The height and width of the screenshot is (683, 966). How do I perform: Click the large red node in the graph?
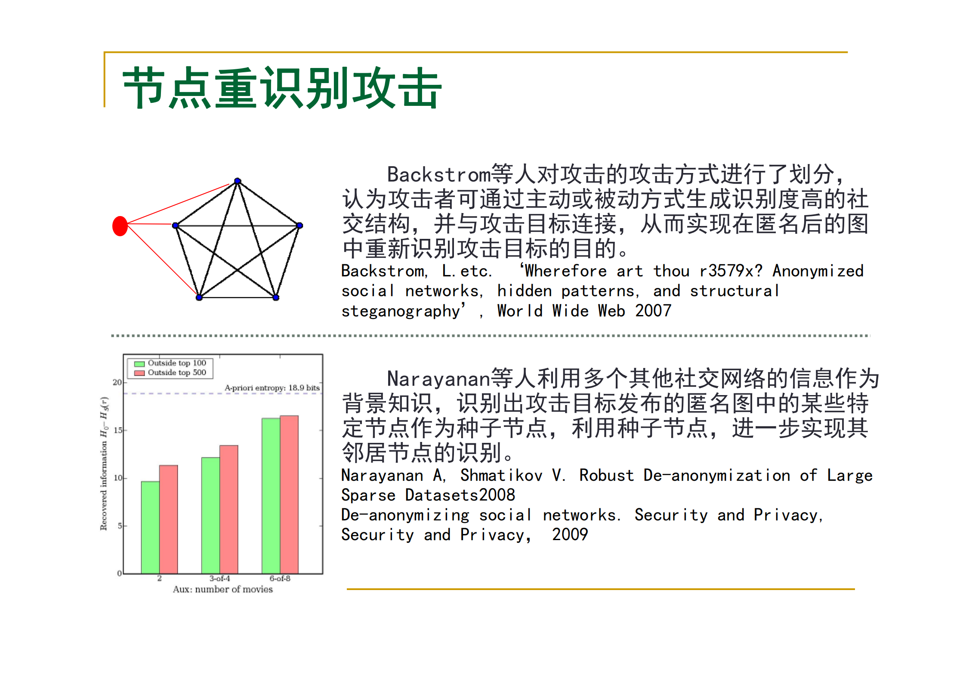[120, 226]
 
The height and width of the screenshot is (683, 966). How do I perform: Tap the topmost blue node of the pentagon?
[238, 181]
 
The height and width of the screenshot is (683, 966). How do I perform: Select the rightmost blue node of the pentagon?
[300, 226]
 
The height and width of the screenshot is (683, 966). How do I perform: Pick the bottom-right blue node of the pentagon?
[276, 297]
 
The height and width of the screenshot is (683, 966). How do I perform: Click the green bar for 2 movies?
[150, 527]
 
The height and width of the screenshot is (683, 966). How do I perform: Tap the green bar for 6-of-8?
[271, 495]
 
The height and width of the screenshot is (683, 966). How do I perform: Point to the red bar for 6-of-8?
[289, 494]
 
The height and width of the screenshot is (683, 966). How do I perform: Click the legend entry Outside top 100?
[176, 363]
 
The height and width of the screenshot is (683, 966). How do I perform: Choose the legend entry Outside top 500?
[176, 373]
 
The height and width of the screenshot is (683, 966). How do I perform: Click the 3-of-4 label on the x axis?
[219, 579]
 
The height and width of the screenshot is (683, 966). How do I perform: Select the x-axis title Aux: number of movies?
[223, 590]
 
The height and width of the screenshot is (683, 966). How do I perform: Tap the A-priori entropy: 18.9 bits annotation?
[272, 388]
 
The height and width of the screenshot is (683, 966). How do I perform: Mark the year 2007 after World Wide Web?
[653, 311]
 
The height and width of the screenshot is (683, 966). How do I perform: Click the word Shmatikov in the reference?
[501, 476]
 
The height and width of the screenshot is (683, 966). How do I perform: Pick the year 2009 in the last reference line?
[570, 535]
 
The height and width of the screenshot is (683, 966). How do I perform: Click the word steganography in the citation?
[401, 311]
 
